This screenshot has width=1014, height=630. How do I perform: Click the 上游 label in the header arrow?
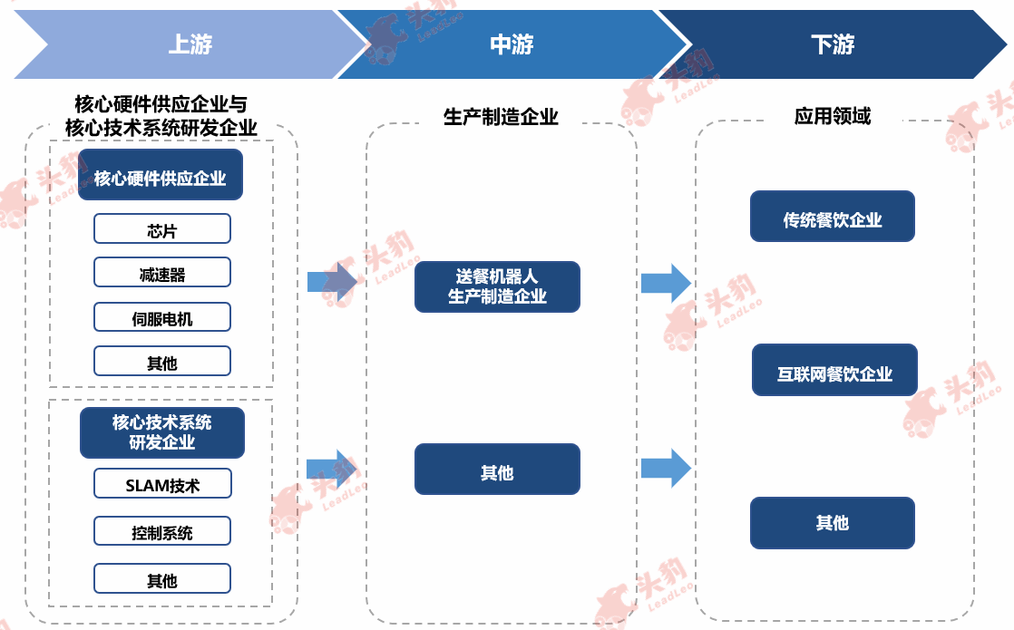pyautogui.click(x=190, y=44)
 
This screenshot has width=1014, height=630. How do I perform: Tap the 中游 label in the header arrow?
pyautogui.click(x=512, y=44)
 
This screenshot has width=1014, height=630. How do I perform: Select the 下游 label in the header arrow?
pyautogui.click(x=833, y=44)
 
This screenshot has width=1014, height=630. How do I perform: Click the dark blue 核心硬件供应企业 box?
pyautogui.click(x=161, y=174)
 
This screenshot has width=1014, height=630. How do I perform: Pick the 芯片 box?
pyautogui.click(x=162, y=228)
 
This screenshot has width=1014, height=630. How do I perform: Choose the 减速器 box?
pyautogui.click(x=162, y=273)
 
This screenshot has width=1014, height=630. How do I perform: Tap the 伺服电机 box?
pyautogui.click(x=162, y=317)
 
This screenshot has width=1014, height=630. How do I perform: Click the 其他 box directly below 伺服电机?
pyautogui.click(x=162, y=361)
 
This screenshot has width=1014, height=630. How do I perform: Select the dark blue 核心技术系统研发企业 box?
pyautogui.click(x=162, y=432)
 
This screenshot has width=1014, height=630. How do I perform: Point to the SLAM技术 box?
pyautogui.click(x=162, y=483)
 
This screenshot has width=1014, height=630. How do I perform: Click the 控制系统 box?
pyautogui.click(x=162, y=531)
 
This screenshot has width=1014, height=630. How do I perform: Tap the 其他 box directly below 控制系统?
pyautogui.click(x=162, y=578)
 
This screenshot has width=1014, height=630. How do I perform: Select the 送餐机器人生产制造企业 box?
pyautogui.click(x=497, y=286)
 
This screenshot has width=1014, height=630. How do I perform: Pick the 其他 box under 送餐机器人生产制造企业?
pyautogui.click(x=497, y=470)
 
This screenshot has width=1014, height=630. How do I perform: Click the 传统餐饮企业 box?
pyautogui.click(x=833, y=217)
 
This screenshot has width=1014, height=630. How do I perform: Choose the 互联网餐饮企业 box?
pyautogui.click(x=834, y=370)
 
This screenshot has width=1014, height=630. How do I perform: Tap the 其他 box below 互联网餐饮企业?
pyautogui.click(x=833, y=523)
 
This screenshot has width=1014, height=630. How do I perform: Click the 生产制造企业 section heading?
pyautogui.click(x=501, y=117)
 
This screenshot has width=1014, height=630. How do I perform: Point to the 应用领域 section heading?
pyautogui.click(x=833, y=116)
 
